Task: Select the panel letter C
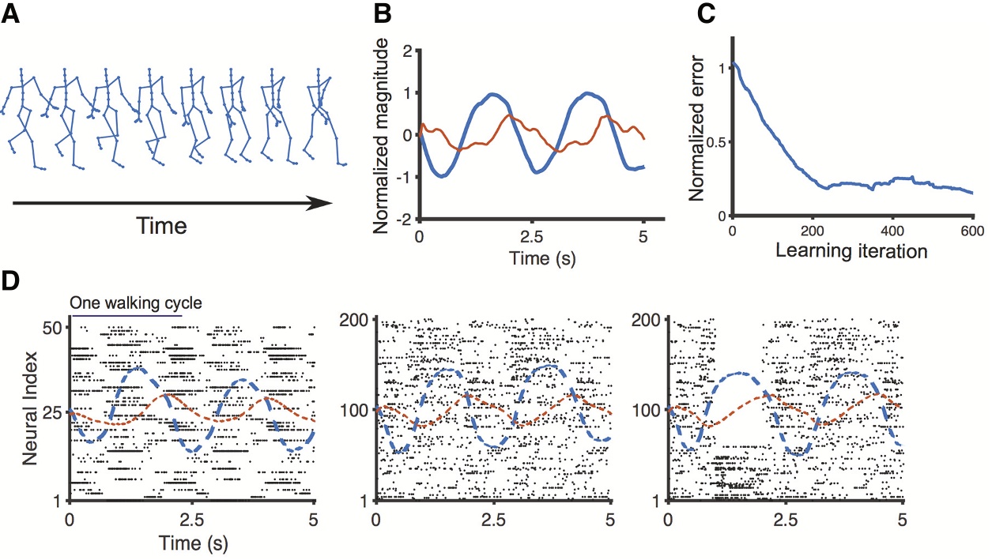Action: pos(710,15)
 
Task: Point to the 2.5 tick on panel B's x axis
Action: pos(531,236)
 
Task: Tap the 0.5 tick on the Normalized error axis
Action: pos(717,142)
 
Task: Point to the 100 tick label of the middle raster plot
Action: pos(357,410)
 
